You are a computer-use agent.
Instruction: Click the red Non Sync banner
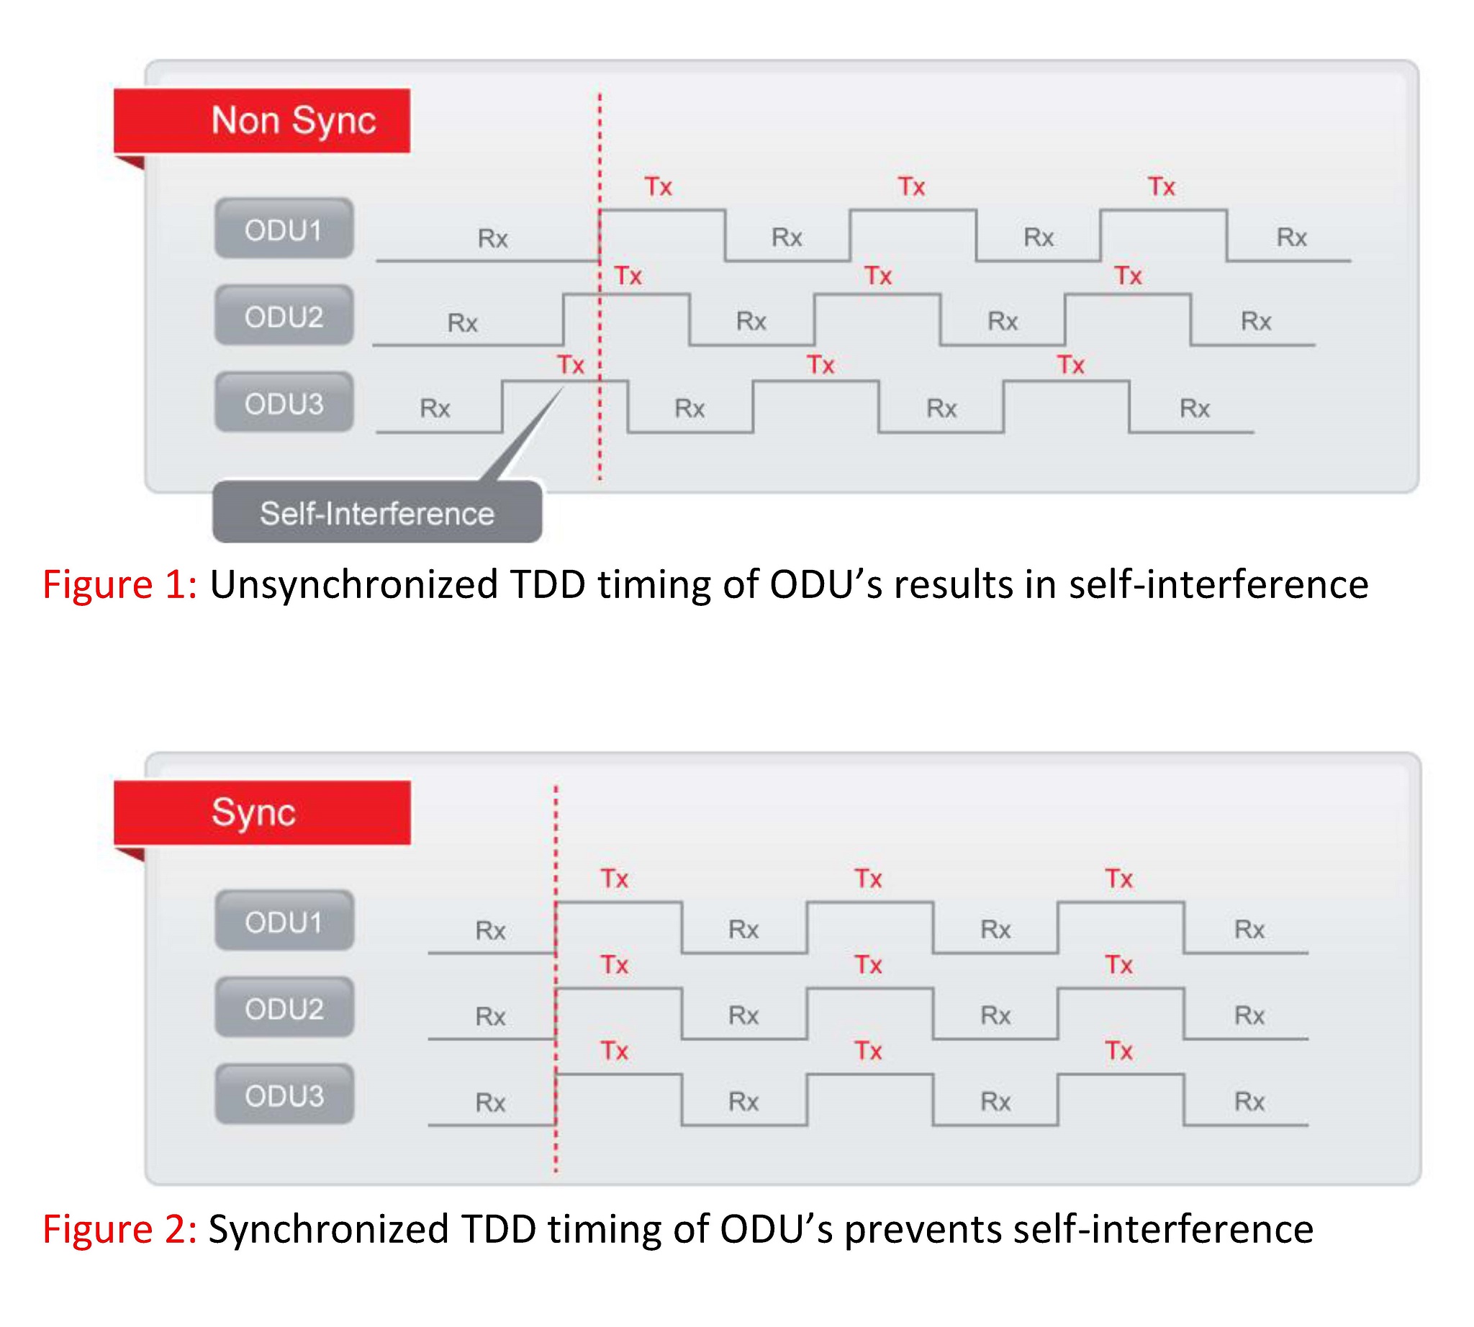[262, 120]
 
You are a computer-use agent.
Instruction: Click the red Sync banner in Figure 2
[262, 812]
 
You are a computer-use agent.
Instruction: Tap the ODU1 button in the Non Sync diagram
[284, 228]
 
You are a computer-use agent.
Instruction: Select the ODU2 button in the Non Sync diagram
[284, 315]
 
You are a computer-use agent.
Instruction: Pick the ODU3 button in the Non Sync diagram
[284, 402]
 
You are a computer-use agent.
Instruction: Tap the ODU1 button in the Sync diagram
[284, 920]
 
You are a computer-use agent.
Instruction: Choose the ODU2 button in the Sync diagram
[284, 1007]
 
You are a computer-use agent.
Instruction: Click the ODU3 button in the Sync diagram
[284, 1094]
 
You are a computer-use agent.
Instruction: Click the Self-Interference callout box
[377, 512]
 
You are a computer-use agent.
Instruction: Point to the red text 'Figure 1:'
[119, 584]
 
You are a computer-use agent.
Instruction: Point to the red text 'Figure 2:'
[119, 1228]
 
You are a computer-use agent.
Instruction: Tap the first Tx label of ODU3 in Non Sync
[570, 365]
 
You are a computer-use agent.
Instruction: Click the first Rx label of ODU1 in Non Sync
[492, 238]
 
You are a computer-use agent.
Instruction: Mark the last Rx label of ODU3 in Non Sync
[1195, 408]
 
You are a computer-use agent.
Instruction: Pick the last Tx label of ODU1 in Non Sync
[1162, 186]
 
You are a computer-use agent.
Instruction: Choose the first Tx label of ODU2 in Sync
[614, 964]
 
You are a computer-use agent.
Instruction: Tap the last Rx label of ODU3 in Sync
[1249, 1101]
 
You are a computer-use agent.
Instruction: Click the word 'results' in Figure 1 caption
[953, 584]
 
